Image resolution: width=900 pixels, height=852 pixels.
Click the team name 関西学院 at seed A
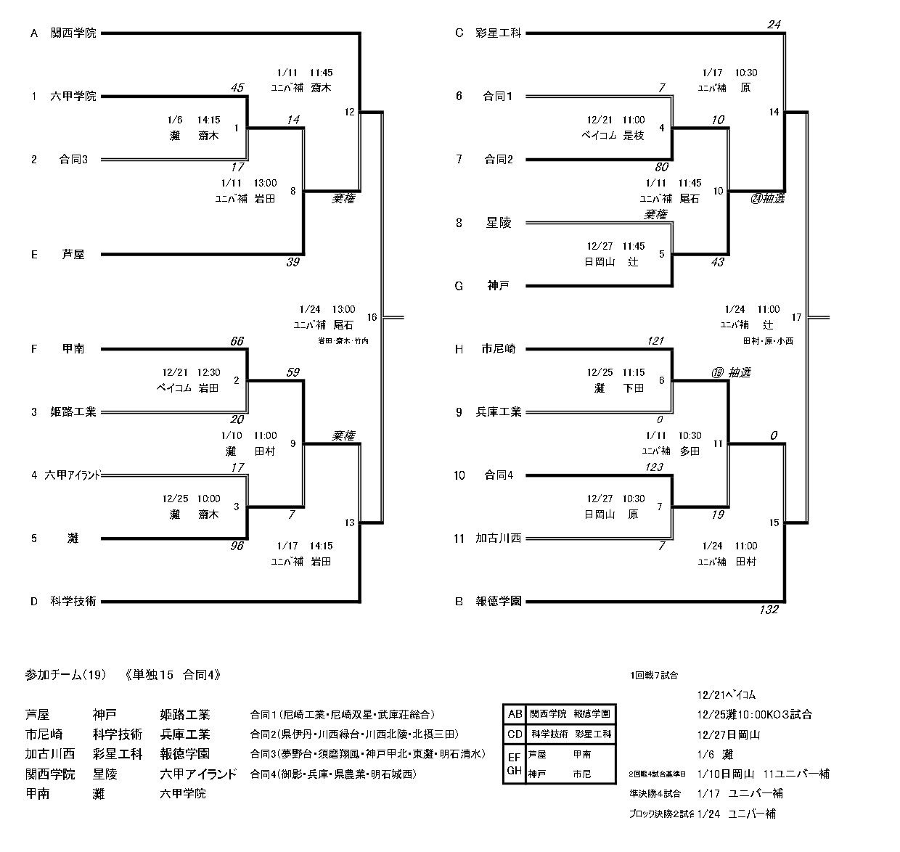(73, 33)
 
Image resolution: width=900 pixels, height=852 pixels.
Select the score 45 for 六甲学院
(237, 89)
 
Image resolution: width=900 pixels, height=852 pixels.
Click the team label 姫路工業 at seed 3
(73, 412)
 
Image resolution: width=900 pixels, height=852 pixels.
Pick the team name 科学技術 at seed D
(73, 601)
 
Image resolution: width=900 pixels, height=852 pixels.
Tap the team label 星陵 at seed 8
(498, 223)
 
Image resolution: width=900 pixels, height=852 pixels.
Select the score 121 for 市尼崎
(656, 341)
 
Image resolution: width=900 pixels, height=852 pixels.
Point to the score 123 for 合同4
(654, 467)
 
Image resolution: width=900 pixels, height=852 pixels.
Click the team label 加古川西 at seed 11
(498, 538)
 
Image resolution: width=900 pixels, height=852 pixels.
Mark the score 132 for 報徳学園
(768, 610)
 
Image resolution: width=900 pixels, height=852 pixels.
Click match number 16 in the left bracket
(372, 317)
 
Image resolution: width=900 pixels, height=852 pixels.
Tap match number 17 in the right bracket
(796, 317)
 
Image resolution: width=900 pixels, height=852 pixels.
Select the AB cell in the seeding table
(514, 714)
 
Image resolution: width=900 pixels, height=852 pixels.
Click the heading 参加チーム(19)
(65, 675)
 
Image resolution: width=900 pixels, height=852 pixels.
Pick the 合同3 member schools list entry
(367, 754)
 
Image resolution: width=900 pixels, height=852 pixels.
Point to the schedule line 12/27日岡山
(727, 734)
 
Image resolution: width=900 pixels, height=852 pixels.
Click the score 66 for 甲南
(237, 341)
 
